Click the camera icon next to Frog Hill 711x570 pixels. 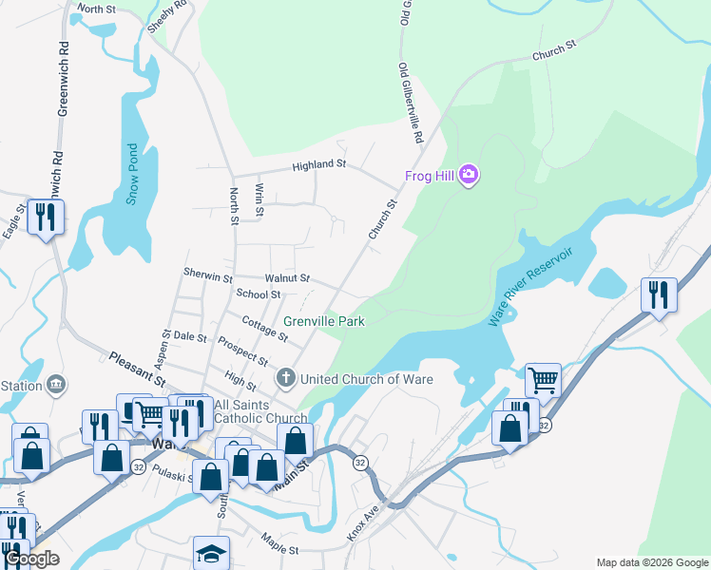pyautogui.click(x=468, y=175)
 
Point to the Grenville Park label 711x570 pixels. pyautogui.click(x=324, y=322)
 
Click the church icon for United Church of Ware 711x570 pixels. pyautogui.click(x=284, y=379)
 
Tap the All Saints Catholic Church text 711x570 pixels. pyautogui.click(x=260, y=411)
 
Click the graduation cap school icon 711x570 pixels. pyautogui.click(x=212, y=552)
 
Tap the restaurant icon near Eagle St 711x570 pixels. pyautogui.click(x=46, y=218)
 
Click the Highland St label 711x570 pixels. pyautogui.click(x=319, y=164)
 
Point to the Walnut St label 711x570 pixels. pyautogui.click(x=287, y=277)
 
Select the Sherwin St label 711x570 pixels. pyautogui.click(x=208, y=277)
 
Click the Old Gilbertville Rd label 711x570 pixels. pyautogui.click(x=411, y=104)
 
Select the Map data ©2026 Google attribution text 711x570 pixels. pyautogui.click(x=651, y=562)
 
